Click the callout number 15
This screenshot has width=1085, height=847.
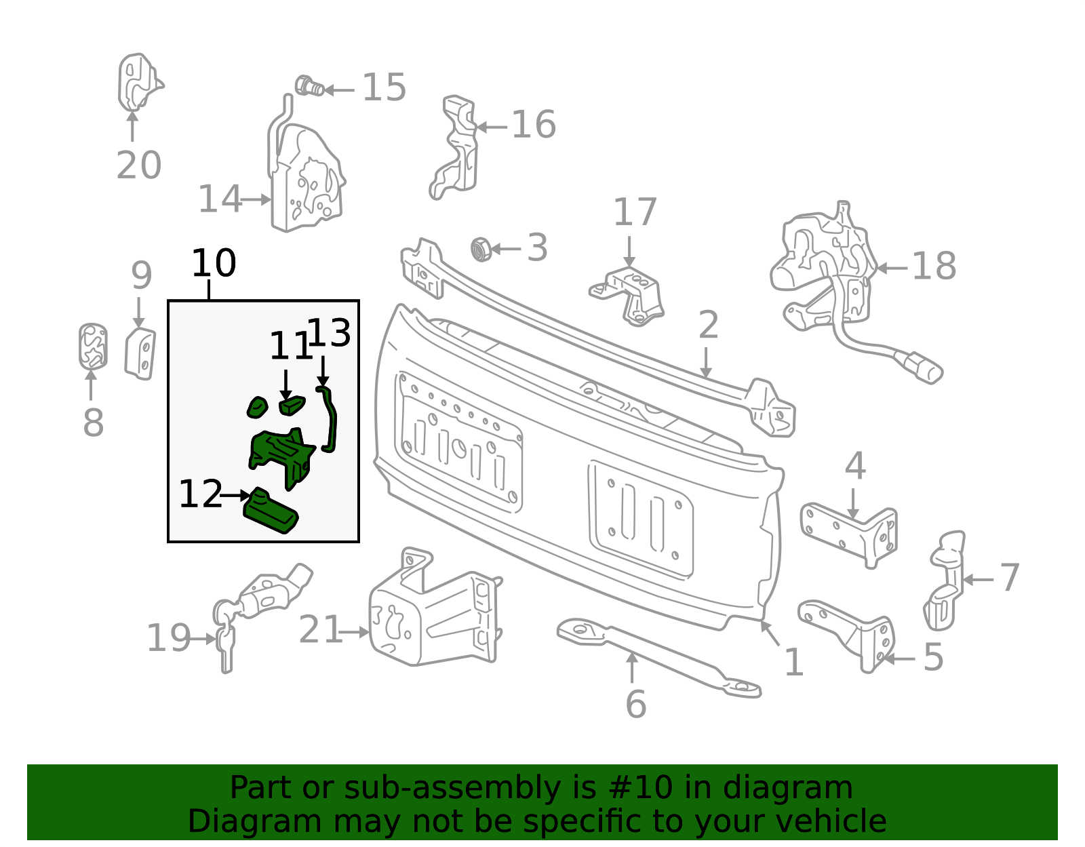tap(384, 87)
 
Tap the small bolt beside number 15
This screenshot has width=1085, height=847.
tap(309, 86)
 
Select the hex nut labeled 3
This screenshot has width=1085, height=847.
tap(481, 249)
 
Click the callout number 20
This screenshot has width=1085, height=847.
tap(139, 165)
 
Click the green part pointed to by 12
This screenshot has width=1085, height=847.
tap(271, 511)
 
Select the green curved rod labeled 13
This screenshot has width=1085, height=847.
tap(328, 419)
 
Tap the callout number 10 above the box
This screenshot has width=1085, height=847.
tap(214, 263)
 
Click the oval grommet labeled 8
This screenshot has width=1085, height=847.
tap(93, 347)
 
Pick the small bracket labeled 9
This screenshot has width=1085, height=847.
tap(140, 353)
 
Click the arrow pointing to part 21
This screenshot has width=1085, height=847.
tap(354, 633)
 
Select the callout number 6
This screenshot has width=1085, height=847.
tap(635, 705)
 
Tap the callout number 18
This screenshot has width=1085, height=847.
tap(934, 266)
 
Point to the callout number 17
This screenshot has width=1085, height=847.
tap(635, 212)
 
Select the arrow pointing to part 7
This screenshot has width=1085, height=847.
tap(978, 580)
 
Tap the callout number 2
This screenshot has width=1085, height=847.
tap(709, 325)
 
